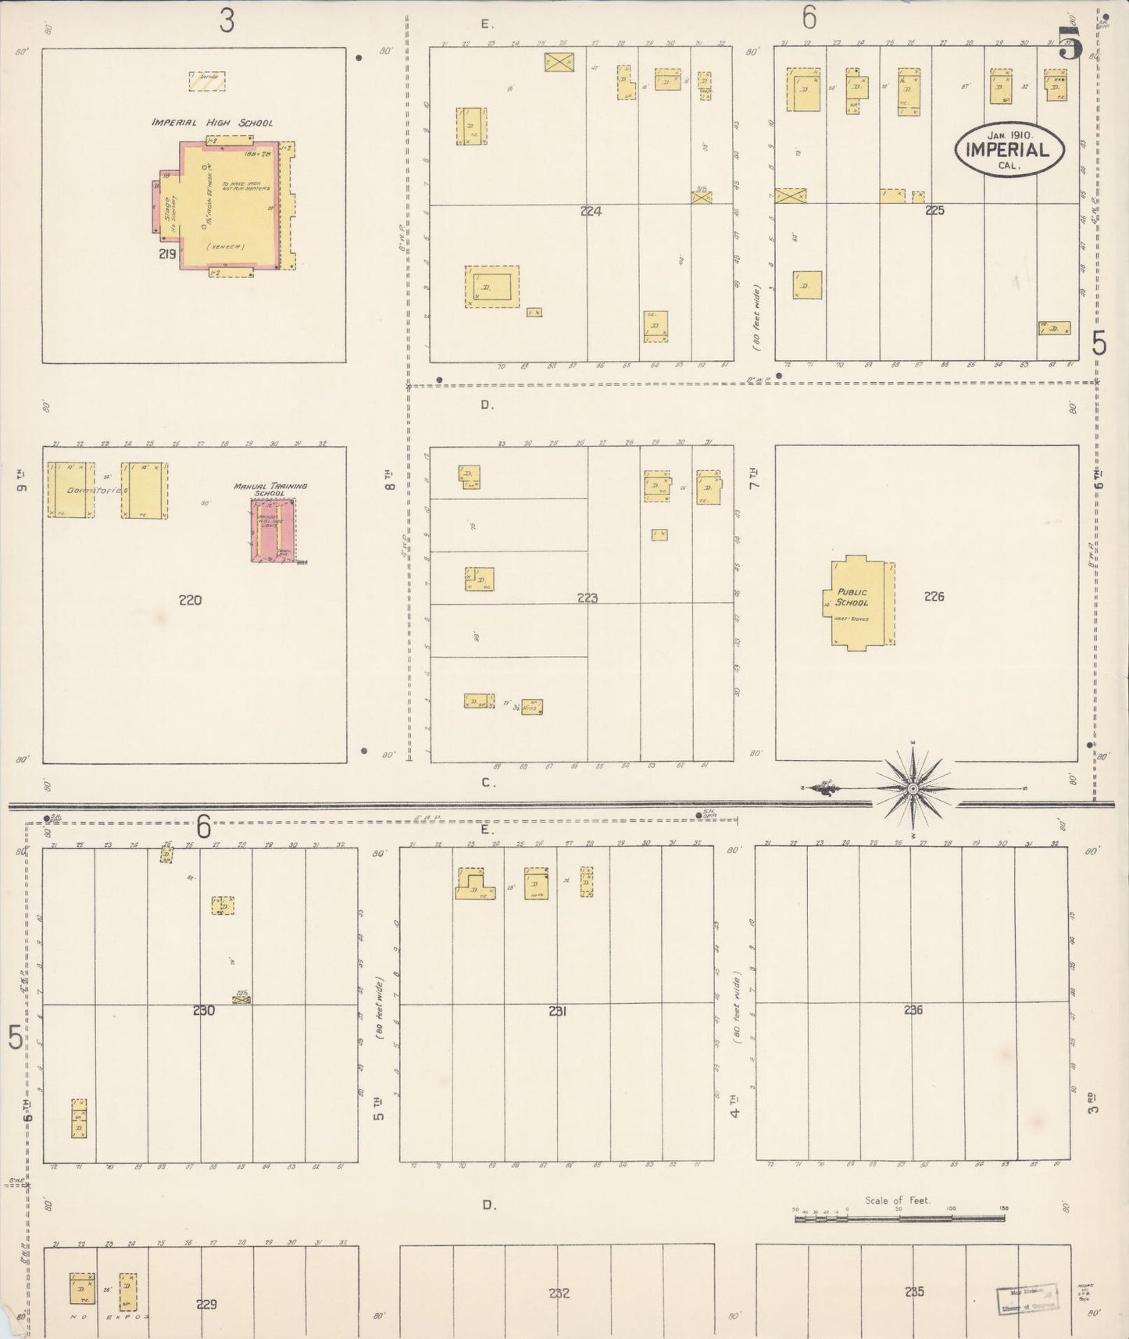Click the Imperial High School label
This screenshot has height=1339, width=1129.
click(x=212, y=123)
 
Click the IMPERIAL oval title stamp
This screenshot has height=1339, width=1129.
click(x=1009, y=148)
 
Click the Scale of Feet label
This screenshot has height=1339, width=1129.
click(x=897, y=1200)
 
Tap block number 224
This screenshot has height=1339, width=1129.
click(x=591, y=211)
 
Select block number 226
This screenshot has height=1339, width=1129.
click(x=934, y=596)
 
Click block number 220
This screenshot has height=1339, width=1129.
click(x=190, y=600)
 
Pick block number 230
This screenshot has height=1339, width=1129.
click(x=203, y=1010)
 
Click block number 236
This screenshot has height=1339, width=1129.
click(x=913, y=1010)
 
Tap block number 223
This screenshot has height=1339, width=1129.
click(x=587, y=598)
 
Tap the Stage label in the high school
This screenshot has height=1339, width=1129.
click(x=169, y=207)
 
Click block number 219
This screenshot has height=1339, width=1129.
click(x=166, y=254)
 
